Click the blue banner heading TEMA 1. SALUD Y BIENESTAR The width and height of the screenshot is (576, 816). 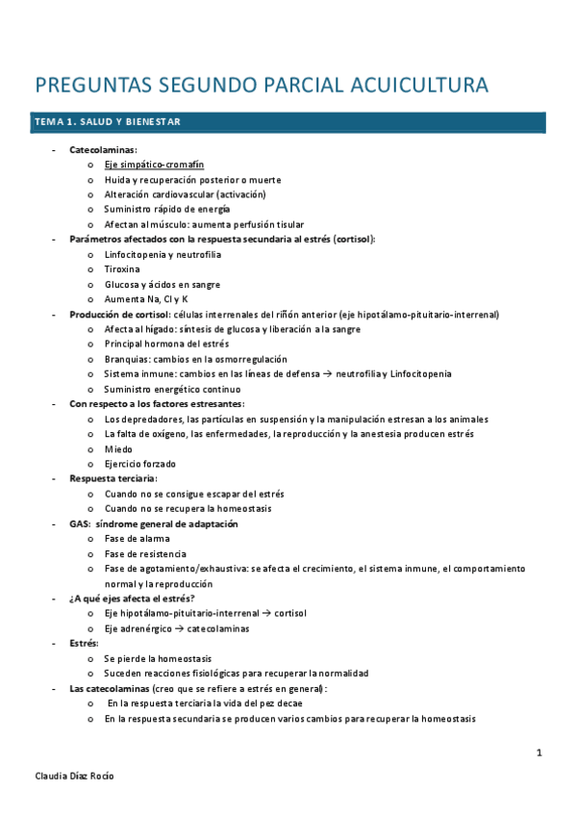(x=107, y=122)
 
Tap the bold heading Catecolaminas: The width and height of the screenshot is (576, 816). (x=103, y=150)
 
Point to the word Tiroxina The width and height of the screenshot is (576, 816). (x=122, y=269)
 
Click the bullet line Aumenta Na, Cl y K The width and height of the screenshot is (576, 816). (x=146, y=299)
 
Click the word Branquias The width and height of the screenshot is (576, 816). (x=127, y=359)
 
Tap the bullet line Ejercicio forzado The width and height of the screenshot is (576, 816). (x=139, y=464)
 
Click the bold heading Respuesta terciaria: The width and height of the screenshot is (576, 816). (x=113, y=478)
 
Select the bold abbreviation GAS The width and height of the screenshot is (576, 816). (x=79, y=523)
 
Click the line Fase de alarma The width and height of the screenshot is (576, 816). (x=138, y=539)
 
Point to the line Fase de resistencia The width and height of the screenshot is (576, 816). (x=145, y=553)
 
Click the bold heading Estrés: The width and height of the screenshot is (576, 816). (x=85, y=643)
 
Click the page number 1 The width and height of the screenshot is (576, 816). (x=539, y=752)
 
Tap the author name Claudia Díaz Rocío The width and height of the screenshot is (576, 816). (x=74, y=775)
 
